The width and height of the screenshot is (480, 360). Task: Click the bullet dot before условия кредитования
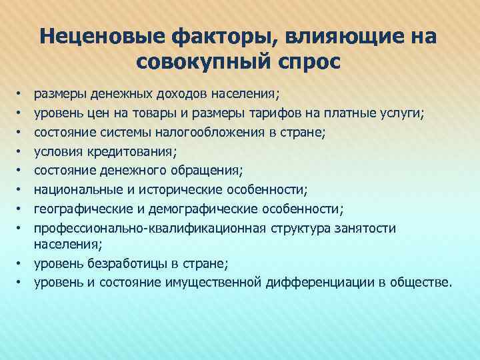[x=21, y=152]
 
